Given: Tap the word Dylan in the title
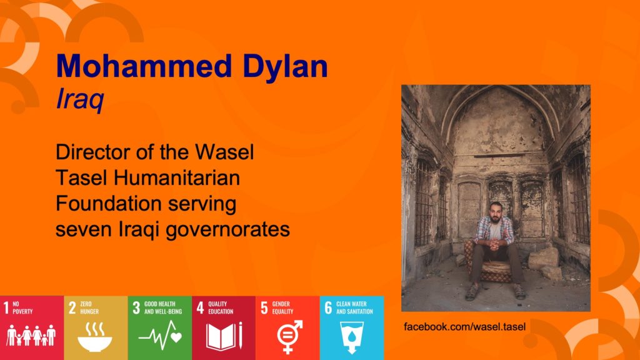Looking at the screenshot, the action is [285, 67].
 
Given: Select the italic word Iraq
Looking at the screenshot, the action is [80, 99].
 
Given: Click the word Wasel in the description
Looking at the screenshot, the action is [224, 152].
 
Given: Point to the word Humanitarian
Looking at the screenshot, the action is [177, 178].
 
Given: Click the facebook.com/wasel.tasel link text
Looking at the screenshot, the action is [464, 326].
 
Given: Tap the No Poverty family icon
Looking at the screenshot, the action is [31, 335].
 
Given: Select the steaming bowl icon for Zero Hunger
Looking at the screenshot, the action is [95, 337].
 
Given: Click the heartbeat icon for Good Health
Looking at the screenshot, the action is [159, 336].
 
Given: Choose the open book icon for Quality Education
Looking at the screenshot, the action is [224, 336].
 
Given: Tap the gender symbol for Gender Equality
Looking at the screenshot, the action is [289, 336].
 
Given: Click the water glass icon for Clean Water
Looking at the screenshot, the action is [352, 337].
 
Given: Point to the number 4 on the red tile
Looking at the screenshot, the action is [200, 307].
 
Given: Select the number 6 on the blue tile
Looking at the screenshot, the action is [328, 307].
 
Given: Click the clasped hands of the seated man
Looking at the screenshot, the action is [494, 244].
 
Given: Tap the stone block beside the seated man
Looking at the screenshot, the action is [543, 259].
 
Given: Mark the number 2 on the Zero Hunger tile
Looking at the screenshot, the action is [72, 307].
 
